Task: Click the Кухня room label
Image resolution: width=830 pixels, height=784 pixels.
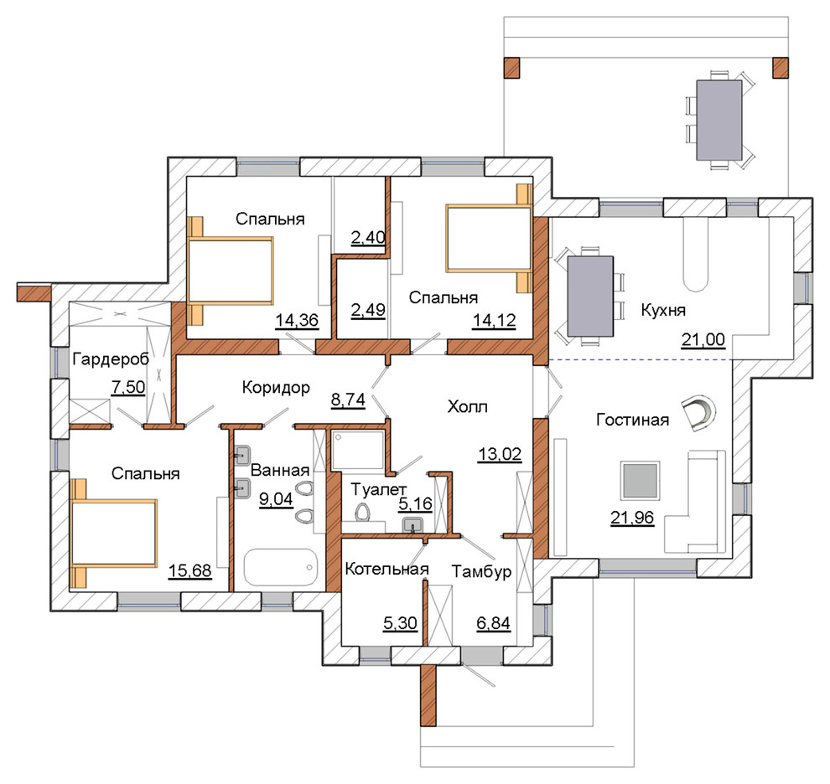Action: click(x=663, y=310)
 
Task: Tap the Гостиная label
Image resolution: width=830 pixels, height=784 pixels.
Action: click(x=632, y=420)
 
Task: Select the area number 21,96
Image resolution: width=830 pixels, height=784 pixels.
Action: click(x=632, y=518)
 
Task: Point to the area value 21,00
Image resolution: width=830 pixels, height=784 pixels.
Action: click(x=703, y=339)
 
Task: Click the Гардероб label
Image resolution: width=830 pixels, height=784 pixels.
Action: click(x=111, y=359)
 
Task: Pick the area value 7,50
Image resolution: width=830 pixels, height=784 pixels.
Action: click(x=128, y=387)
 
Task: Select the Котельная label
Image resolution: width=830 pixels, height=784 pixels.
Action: click(x=386, y=570)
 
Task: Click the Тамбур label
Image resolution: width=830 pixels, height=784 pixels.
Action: click(x=482, y=572)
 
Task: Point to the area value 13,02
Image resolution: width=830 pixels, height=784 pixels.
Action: click(x=500, y=454)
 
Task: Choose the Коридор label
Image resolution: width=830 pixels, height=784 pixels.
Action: click(x=276, y=388)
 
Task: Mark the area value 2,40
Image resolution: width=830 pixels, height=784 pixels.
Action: click(x=368, y=238)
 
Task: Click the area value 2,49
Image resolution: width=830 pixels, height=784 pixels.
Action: click(x=368, y=309)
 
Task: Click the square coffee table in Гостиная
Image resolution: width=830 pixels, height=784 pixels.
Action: click(x=641, y=480)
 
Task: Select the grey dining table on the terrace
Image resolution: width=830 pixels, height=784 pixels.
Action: click(x=719, y=120)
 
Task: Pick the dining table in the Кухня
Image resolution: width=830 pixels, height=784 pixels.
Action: click(x=590, y=297)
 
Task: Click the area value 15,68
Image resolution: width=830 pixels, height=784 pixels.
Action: click(x=190, y=570)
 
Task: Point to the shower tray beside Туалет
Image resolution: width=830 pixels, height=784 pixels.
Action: click(x=358, y=450)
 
